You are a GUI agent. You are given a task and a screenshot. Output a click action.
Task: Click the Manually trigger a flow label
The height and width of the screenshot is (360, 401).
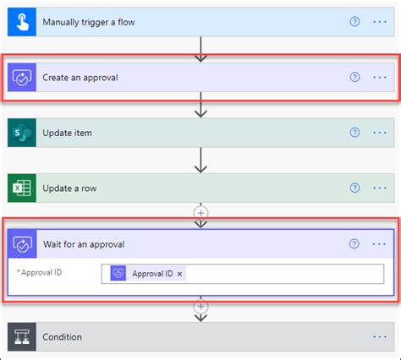coord(88,21)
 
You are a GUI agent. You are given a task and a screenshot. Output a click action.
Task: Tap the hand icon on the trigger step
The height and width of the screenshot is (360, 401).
coord(21,21)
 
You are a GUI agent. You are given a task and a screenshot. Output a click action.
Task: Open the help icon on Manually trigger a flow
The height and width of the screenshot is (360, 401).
coord(354,21)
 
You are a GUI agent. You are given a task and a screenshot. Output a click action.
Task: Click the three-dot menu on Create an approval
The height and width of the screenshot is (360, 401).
coord(379,77)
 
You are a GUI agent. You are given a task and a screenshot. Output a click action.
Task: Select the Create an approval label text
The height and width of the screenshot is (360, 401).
coord(80,77)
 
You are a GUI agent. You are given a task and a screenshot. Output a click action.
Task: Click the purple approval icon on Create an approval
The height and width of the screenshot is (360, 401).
coord(21,77)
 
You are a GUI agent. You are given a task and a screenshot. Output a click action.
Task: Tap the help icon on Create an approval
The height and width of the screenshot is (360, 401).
coord(354,77)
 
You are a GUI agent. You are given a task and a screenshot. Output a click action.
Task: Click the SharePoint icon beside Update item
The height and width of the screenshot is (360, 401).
coord(21,133)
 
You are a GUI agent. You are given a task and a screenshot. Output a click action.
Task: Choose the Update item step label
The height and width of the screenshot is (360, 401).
coord(68,133)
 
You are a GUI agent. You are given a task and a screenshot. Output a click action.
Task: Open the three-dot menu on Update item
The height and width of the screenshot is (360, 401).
coord(379,133)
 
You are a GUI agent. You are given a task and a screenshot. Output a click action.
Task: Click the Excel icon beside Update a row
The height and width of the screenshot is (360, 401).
coord(21,188)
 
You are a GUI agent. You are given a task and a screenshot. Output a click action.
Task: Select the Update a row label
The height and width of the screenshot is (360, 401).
coord(70,188)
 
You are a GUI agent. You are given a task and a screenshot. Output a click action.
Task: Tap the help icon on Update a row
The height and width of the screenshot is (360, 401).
coord(354,188)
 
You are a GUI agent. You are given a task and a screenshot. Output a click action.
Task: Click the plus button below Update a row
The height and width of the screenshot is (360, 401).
coord(200,211)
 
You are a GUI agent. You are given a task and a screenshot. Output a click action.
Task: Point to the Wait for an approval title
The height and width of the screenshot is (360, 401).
coord(84,244)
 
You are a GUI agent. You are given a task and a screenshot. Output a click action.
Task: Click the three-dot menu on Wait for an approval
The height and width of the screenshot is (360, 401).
coord(379,244)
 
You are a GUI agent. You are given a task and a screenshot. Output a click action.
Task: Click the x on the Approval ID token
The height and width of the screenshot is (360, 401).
coord(180,273)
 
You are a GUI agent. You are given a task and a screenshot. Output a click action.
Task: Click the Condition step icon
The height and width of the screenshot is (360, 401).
coord(21,336)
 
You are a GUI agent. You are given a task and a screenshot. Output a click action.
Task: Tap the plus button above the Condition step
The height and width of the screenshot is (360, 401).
coord(200,308)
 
